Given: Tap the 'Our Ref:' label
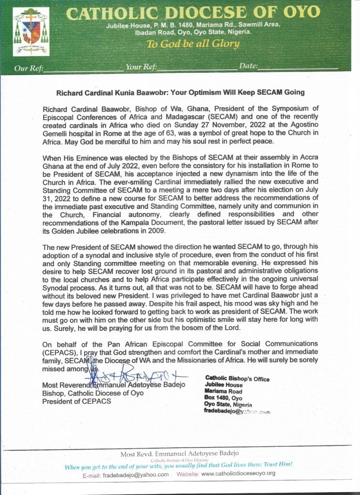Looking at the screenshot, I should click(29, 68).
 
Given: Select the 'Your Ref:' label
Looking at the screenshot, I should click(140, 67).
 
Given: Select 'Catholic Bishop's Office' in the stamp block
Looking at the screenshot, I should click(237, 379).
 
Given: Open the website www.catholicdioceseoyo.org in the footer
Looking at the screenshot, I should click(238, 474).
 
